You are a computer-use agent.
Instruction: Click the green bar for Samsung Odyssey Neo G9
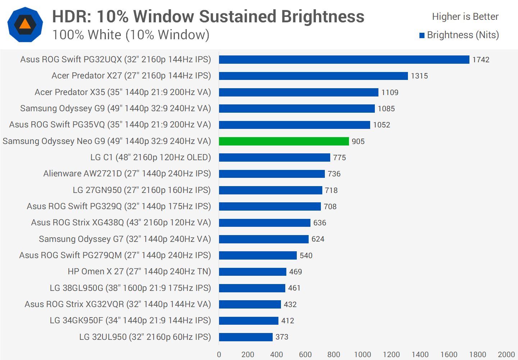pos(284,141)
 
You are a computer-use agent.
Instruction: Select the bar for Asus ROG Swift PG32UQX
pos(344,59)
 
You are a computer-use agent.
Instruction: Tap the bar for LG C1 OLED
pos(274,157)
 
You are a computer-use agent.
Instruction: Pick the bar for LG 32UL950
pos(246,337)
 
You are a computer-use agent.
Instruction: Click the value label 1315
pos(419,76)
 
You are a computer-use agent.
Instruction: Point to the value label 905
pos(358,141)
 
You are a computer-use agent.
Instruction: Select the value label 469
pos(295,272)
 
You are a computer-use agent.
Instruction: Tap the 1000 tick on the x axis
pos(363,355)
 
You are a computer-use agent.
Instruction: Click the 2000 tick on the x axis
pos(506,355)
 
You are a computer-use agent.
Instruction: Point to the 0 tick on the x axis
pos(219,355)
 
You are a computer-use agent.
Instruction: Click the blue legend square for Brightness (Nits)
pos(422,35)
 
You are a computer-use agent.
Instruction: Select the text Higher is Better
pos(465,17)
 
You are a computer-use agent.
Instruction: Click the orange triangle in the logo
pos(25,24)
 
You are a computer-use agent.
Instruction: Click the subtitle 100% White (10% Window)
pos(131,35)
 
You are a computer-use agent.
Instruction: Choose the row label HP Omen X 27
pos(139,271)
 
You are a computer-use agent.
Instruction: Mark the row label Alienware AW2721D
pos(127,174)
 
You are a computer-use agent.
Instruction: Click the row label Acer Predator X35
pos(123,92)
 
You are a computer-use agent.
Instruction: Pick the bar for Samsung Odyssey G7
pos(264,239)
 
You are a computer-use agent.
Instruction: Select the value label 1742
pos(481,60)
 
